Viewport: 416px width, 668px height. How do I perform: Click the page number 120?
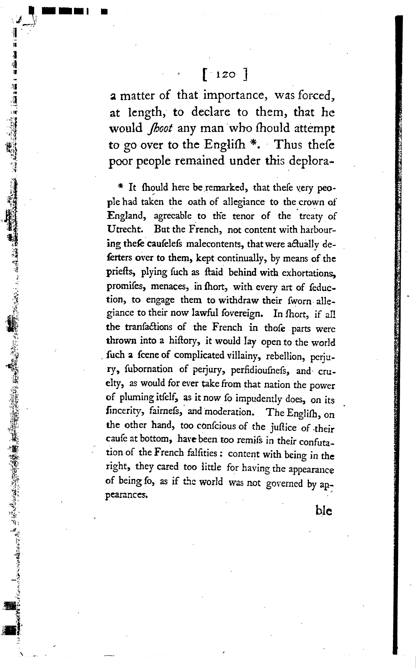coord(226,75)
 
